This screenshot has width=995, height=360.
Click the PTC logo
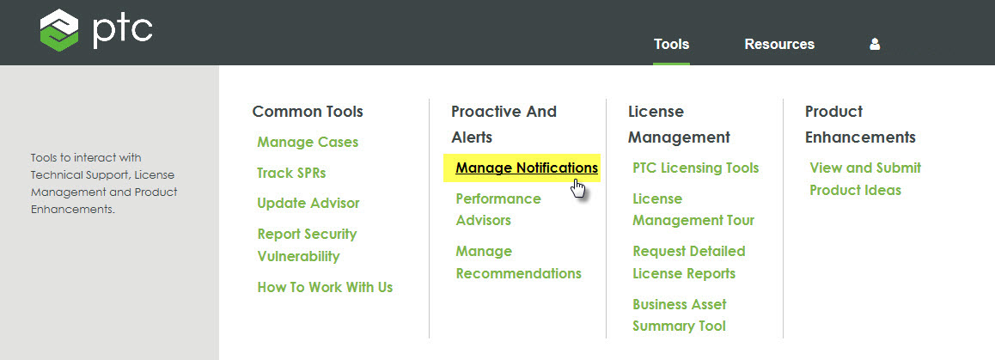tap(95, 30)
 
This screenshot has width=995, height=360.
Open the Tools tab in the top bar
tap(671, 44)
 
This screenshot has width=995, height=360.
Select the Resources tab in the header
tap(779, 44)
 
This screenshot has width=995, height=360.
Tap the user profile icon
tap(875, 44)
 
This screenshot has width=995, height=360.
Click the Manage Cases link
tap(308, 142)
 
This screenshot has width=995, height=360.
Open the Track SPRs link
tap(291, 173)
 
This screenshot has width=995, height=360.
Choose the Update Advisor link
tap(308, 203)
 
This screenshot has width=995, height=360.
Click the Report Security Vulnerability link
tap(307, 245)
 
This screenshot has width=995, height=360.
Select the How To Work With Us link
tap(325, 287)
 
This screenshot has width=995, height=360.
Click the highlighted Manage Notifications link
tap(527, 168)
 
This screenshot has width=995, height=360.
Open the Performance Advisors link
tap(498, 209)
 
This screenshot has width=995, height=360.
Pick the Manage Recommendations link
tap(518, 262)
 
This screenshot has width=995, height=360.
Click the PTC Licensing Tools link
tap(696, 168)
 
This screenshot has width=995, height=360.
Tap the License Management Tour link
tap(693, 209)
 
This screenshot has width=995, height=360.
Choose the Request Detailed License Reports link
tap(688, 262)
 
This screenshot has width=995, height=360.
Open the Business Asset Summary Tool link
tap(680, 314)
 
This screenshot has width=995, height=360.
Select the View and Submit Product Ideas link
tap(864, 179)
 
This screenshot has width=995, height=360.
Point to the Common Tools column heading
tap(308, 112)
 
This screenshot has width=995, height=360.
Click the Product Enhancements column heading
tap(860, 124)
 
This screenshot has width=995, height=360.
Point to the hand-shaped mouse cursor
tap(578, 189)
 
